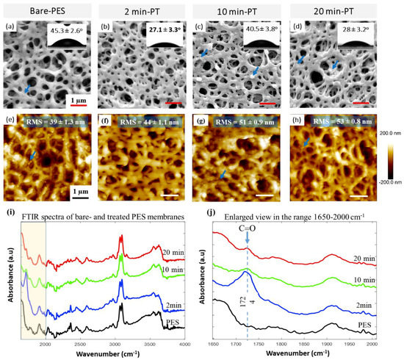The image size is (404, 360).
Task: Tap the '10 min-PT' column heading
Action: pos(234,11)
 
